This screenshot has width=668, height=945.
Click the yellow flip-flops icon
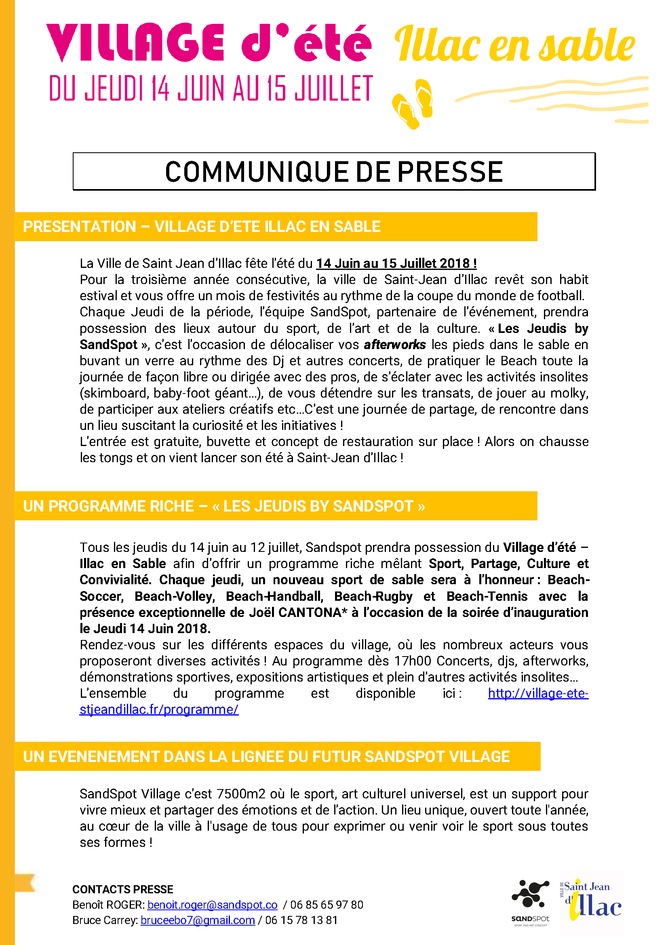point(413,104)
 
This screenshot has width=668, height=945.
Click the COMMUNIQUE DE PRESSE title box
point(334,172)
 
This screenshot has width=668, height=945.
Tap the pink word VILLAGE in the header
point(135,43)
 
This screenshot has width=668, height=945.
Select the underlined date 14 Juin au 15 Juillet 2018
point(396,263)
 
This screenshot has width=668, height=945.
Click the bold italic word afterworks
point(395,345)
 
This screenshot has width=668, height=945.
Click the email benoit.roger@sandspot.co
point(213,905)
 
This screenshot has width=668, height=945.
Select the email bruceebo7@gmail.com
point(198,920)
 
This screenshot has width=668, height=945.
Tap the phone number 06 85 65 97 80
point(327,905)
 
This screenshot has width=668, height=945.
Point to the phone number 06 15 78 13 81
point(301,920)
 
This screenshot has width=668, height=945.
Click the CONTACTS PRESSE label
point(123,889)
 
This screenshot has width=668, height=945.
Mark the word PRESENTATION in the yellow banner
point(80,227)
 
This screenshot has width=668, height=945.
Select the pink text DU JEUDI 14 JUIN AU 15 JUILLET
point(211,88)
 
